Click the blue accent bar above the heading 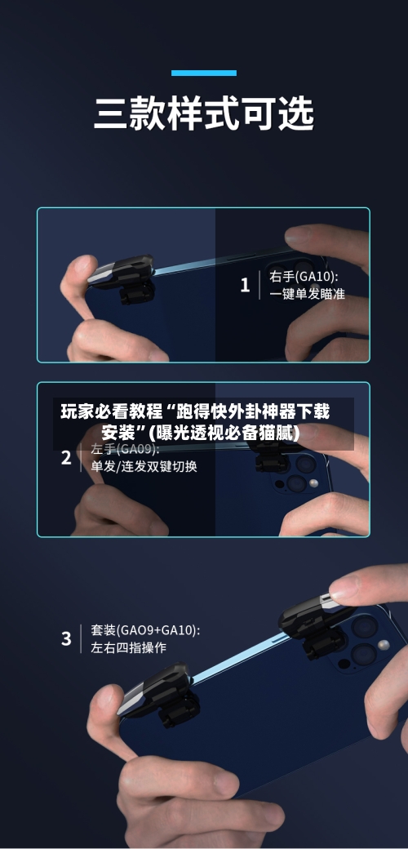point(203,73)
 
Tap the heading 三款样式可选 point(203,114)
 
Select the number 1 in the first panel point(245,285)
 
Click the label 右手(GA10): point(304,276)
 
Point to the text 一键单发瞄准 point(307,294)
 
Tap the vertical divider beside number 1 point(259,285)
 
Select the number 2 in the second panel point(66,458)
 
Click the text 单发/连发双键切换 point(144,467)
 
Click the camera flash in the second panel point(314,484)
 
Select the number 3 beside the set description point(66,638)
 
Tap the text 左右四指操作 point(128,647)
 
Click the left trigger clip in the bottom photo point(162,694)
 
